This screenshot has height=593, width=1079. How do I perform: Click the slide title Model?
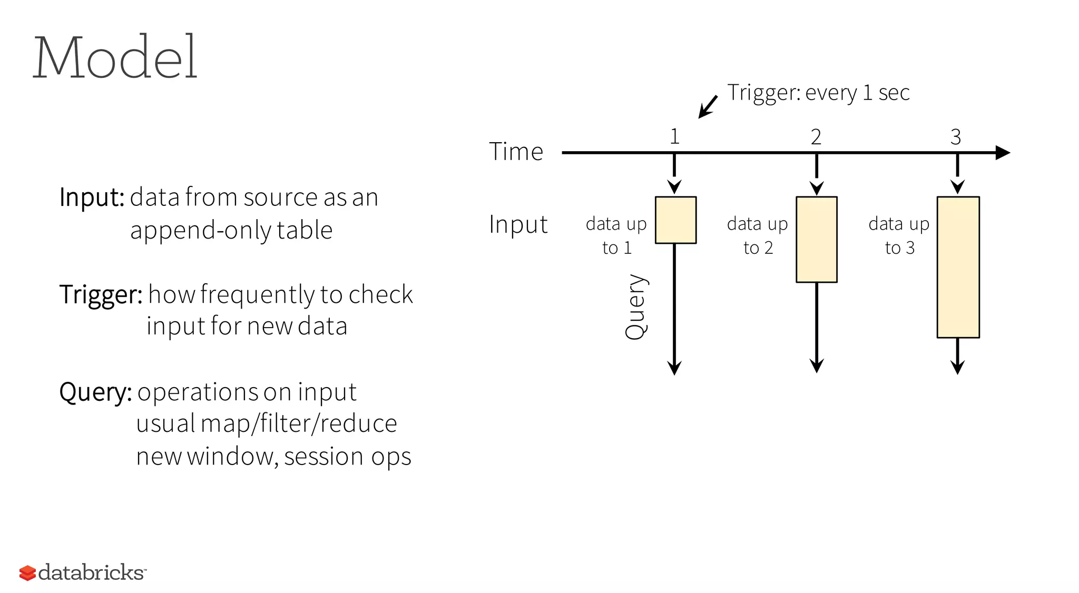pos(115,57)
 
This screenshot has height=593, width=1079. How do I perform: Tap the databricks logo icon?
pos(27,573)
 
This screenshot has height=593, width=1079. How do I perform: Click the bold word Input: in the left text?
pos(92,197)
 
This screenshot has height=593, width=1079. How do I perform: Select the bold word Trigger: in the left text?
pos(101,294)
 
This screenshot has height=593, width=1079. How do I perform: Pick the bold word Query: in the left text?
pos(95,392)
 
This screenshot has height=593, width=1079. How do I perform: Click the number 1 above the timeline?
pos(674,137)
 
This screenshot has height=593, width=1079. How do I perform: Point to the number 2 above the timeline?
pos(816,137)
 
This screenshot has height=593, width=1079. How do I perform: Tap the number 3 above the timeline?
pos(956,137)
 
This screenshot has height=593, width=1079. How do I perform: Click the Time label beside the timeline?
pos(516,152)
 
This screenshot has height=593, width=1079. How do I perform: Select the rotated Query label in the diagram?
pos(636,307)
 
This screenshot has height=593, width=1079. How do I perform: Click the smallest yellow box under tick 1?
pos(675,220)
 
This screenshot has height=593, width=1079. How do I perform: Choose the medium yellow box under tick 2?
pos(816,240)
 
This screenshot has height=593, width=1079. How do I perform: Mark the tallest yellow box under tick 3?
pos(958,267)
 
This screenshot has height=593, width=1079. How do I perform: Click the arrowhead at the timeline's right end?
pos(1002,153)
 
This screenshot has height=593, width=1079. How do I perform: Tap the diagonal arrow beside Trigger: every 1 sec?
pos(708,107)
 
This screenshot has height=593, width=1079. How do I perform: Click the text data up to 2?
pos(758,235)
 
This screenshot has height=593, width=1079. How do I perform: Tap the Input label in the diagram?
pos(518,225)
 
